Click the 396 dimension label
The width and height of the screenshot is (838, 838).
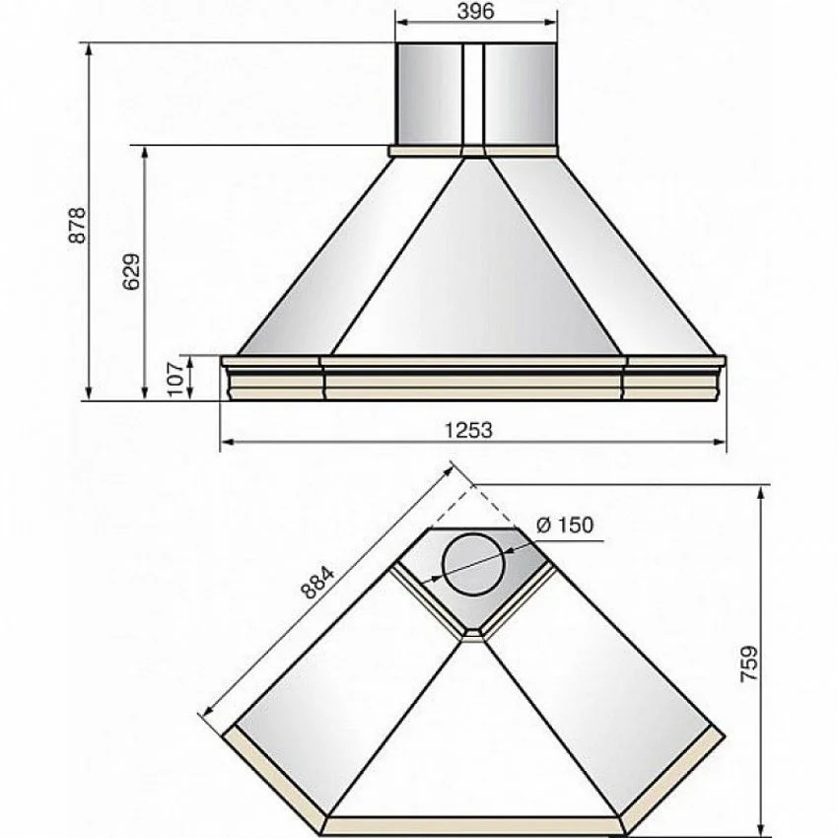(475, 11)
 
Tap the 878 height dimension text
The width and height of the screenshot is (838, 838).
(78, 225)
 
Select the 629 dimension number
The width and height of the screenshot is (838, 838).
(131, 271)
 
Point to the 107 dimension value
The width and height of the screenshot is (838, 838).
(175, 379)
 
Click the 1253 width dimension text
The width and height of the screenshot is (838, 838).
(468, 430)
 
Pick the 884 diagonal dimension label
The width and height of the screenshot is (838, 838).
(317, 582)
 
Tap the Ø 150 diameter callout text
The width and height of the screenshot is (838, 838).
(564, 524)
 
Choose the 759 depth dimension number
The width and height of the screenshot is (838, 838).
(750, 663)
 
